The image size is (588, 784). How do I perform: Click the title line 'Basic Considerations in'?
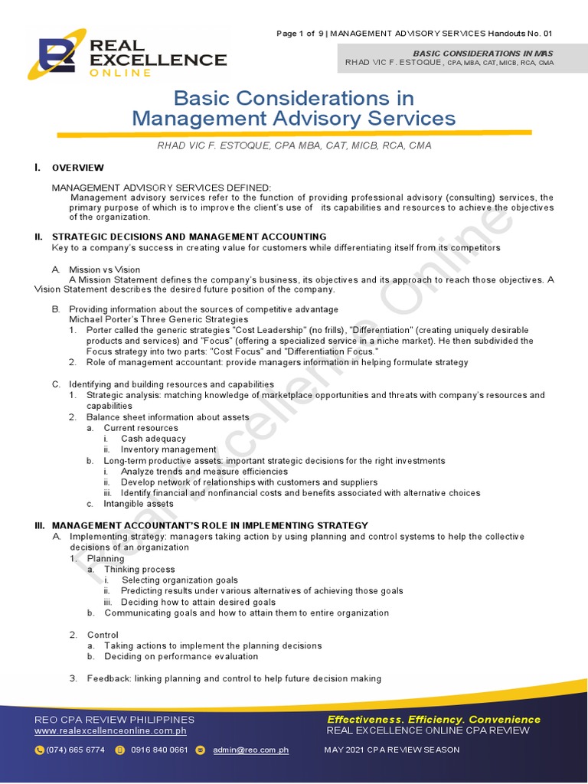pyautogui.click(x=294, y=99)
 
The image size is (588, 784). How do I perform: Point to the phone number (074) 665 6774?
pyautogui.click(x=76, y=750)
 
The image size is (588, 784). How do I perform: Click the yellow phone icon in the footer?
pyautogui.click(x=39, y=750)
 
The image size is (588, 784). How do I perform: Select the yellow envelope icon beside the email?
pyautogui.click(x=201, y=750)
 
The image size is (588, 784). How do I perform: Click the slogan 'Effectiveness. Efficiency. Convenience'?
pyautogui.click(x=433, y=719)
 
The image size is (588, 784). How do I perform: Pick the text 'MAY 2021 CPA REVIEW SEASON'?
pyautogui.click(x=392, y=750)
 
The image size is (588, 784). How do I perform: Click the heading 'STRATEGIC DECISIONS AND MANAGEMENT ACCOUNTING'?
pyautogui.click(x=188, y=237)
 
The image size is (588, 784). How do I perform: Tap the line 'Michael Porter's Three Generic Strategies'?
pyautogui.click(x=158, y=318)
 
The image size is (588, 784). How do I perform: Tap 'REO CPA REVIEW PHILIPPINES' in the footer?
pyautogui.click(x=115, y=720)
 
